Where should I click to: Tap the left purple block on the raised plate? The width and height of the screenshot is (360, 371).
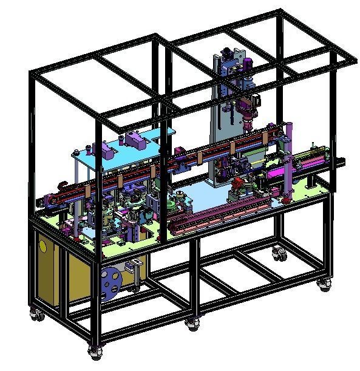pos(105,148)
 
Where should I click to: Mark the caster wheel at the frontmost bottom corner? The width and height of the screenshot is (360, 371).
pos(95,351)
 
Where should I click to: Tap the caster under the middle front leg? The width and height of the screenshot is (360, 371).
pos(193,324)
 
